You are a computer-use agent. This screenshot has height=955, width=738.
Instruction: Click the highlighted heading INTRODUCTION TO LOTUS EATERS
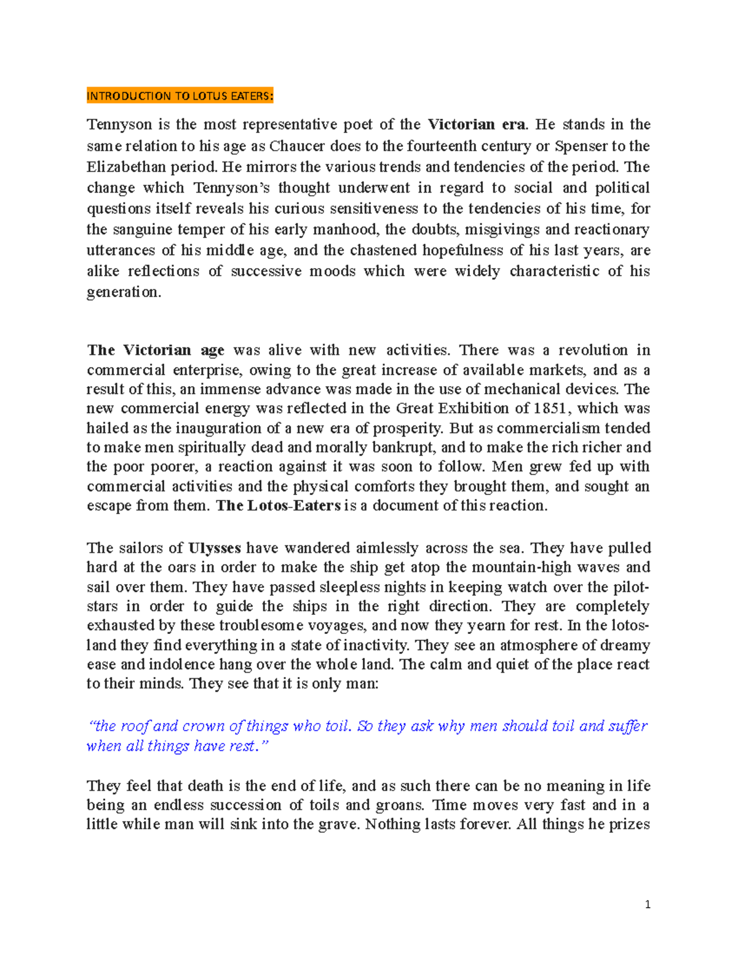[x=180, y=96]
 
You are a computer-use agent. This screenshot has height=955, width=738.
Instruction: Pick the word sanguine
[x=141, y=229]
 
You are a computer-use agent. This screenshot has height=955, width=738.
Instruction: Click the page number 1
[x=648, y=905]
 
